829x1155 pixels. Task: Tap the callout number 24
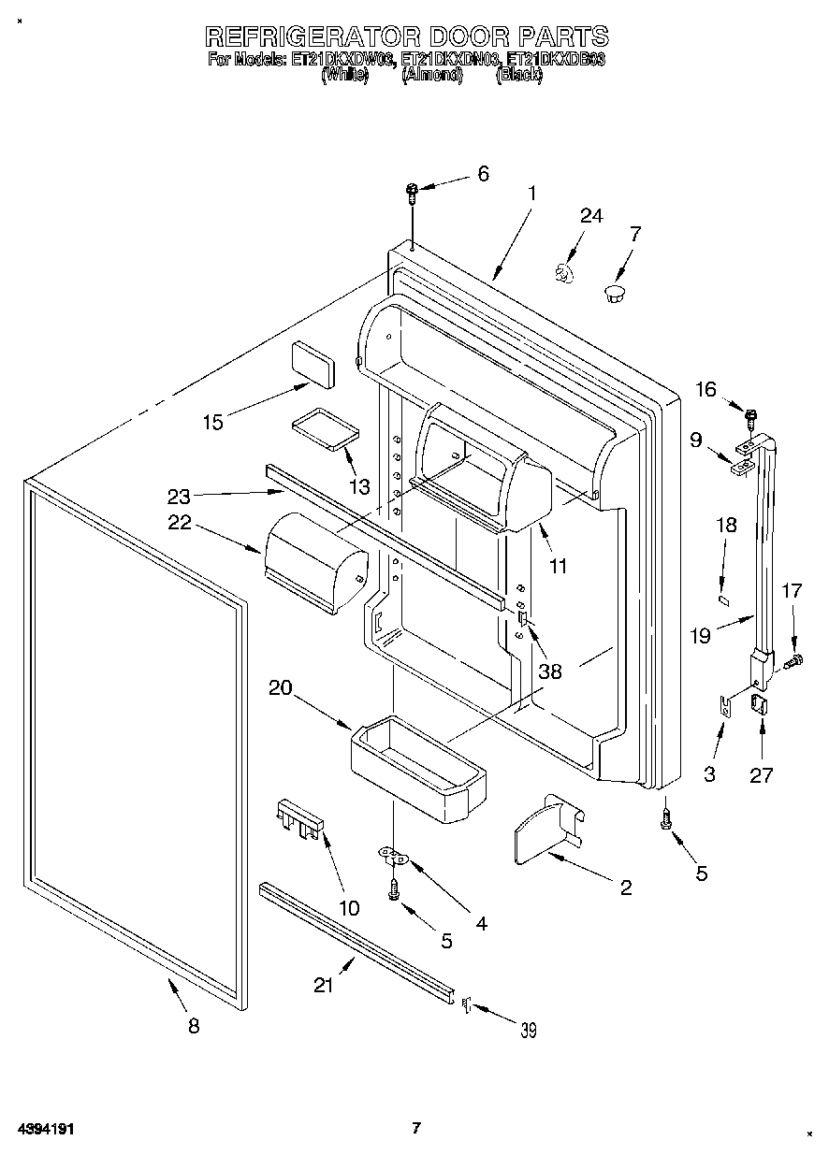point(590,216)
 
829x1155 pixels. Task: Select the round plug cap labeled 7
point(614,294)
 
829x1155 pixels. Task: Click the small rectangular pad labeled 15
point(312,364)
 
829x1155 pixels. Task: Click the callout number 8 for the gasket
point(194,1026)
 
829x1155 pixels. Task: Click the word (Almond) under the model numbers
point(432,76)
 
